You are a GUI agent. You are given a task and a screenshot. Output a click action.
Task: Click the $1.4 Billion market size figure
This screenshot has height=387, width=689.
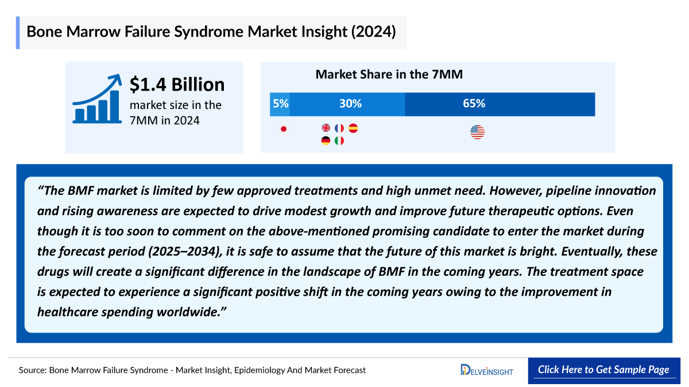tap(177, 85)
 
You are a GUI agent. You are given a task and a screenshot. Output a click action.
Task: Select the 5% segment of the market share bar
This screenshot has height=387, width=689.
tap(280, 104)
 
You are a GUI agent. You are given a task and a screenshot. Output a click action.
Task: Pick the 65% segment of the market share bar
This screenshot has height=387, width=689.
tap(500, 104)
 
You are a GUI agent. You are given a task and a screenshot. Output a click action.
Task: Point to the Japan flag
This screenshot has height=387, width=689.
tap(283, 129)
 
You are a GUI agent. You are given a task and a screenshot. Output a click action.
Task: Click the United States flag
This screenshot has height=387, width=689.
tap(477, 132)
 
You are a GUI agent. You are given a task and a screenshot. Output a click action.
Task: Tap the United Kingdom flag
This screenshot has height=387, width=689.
tap(326, 128)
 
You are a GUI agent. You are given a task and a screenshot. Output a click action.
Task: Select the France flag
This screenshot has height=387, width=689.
tap(339, 128)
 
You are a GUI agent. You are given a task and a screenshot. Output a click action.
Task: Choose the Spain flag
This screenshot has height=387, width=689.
tap(353, 128)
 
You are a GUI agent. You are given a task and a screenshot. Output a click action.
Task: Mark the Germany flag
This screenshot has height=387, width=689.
tap(326, 140)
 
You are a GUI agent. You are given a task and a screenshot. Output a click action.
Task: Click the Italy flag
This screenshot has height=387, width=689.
tap(339, 140)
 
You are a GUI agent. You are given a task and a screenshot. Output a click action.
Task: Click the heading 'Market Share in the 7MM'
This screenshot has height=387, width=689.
tap(389, 75)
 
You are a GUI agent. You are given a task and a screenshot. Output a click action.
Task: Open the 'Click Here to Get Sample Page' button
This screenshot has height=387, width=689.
tap(603, 370)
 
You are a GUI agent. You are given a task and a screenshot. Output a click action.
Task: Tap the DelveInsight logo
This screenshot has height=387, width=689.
tap(487, 370)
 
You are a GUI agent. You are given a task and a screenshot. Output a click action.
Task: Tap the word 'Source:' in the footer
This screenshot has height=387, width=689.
tap(33, 370)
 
